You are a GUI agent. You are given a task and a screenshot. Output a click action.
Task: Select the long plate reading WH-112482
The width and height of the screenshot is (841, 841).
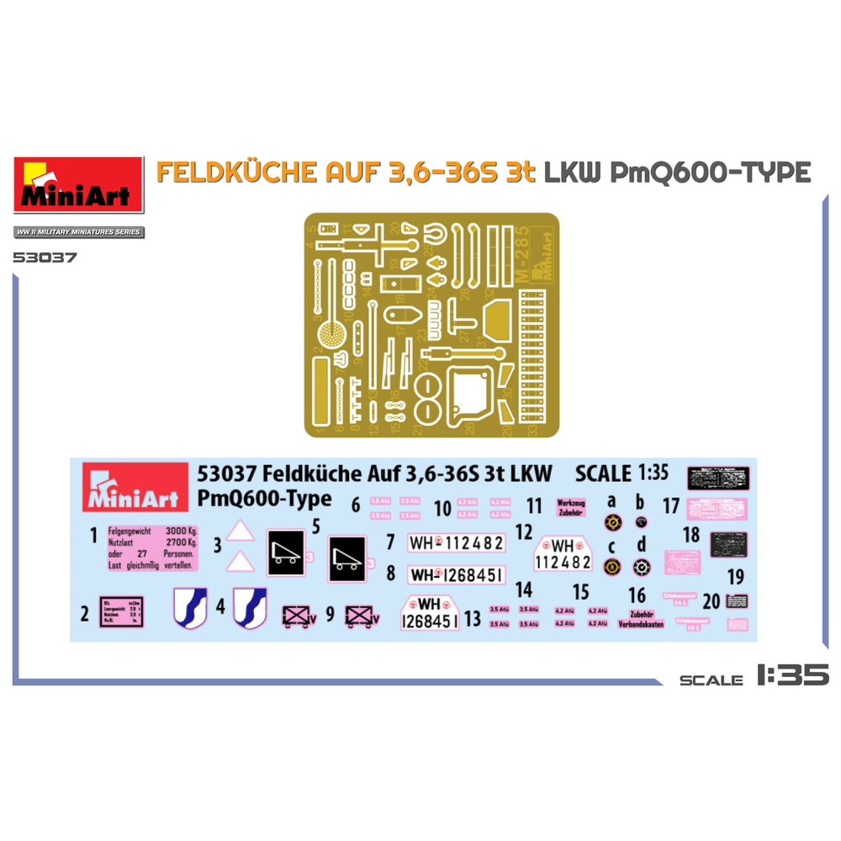point(456,544)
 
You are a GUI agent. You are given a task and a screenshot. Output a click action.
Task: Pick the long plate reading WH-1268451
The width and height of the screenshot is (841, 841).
point(456,574)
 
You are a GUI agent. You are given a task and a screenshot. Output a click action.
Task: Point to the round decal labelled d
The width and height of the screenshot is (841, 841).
point(640,567)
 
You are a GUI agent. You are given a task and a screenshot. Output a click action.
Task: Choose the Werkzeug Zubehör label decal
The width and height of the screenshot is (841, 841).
point(571,506)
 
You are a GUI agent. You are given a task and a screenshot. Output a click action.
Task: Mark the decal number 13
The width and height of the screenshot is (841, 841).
point(473,620)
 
